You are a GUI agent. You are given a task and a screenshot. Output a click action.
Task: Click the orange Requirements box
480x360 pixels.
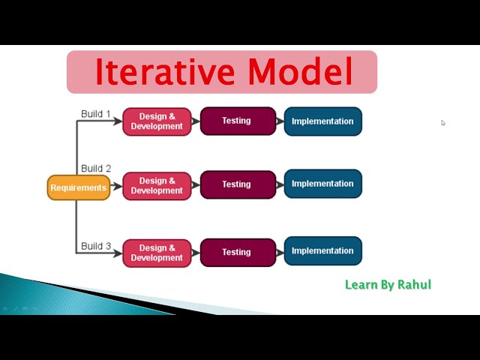pos(79,187)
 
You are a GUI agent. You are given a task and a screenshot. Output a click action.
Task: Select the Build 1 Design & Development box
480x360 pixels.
pos(157,121)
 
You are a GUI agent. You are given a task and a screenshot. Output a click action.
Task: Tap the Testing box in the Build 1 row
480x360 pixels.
pos(238,121)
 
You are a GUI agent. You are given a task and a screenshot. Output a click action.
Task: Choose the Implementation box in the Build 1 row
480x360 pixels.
pos(322,121)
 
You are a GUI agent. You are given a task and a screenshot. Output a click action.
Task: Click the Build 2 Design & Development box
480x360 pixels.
pos(157,186)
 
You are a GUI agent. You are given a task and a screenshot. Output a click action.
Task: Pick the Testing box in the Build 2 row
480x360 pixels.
pos(238,184)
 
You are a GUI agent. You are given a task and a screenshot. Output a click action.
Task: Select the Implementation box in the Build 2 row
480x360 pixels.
pos(322,184)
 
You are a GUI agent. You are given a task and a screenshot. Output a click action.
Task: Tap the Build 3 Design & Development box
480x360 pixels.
pos(157,253)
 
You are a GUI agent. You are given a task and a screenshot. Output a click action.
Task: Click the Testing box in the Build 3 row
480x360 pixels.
pos(238,253)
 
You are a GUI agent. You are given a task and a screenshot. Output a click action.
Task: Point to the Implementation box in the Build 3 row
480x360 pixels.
pos(322,251)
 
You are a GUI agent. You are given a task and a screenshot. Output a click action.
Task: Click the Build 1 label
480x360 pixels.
pos(96,114)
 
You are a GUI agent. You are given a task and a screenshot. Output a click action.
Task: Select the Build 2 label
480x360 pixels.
pos(96,169)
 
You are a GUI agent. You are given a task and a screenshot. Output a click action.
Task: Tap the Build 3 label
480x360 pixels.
pos(96,246)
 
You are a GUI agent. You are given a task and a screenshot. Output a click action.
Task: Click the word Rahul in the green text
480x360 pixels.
pos(415,285)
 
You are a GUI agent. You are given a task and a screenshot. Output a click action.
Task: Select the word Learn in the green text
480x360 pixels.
pos(360,285)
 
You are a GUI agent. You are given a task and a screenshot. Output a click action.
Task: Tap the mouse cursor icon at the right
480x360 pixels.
pos(443,123)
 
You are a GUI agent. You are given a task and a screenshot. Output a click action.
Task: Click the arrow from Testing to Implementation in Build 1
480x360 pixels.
pos(280,121)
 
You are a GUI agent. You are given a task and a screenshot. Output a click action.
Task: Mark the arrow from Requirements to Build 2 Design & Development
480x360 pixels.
pos(116,187)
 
